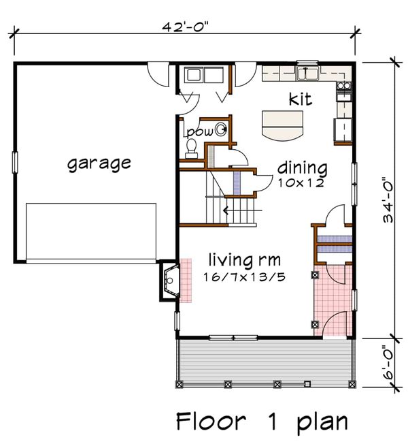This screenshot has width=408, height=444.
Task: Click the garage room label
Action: click(x=99, y=163)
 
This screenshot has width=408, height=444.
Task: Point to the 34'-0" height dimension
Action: click(x=388, y=200)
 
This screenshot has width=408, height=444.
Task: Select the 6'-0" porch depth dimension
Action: click(x=388, y=362)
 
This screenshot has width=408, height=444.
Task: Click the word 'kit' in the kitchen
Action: click(x=301, y=99)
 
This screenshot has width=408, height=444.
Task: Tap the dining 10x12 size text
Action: click(x=301, y=183)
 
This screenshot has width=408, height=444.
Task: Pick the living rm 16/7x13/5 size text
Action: click(x=244, y=277)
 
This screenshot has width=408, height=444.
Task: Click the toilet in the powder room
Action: click(x=191, y=148)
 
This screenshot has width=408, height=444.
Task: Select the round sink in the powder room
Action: click(x=221, y=129)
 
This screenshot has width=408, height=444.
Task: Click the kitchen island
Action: click(x=282, y=125)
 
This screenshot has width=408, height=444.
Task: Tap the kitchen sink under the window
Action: click(x=307, y=74)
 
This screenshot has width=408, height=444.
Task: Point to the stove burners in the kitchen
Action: click(x=344, y=86)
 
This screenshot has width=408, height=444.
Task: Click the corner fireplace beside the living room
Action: click(x=170, y=281)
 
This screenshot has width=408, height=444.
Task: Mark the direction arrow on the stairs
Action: click(x=243, y=210)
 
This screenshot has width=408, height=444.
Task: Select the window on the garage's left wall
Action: click(x=15, y=162)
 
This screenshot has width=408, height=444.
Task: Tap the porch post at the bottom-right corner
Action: click(x=352, y=384)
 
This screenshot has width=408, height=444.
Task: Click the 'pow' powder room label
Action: click(x=200, y=132)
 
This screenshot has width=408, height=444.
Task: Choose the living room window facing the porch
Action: click(x=233, y=337)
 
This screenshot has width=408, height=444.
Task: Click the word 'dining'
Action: click(x=303, y=168)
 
